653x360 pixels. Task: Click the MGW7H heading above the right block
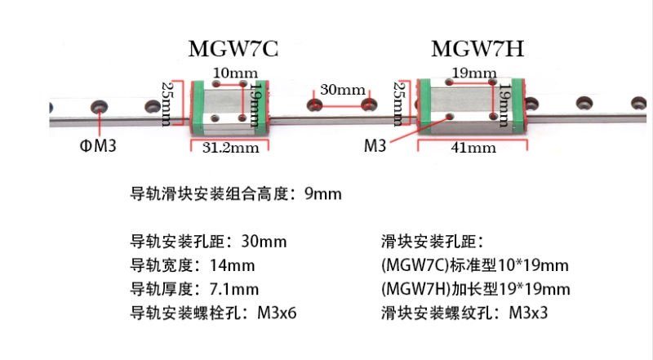click(477, 49)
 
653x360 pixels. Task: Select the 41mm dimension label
click(473, 148)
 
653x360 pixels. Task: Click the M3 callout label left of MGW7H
click(375, 146)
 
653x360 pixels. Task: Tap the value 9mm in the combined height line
click(322, 194)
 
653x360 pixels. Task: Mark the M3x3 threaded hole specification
click(531, 313)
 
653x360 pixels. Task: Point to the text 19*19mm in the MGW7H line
click(535, 289)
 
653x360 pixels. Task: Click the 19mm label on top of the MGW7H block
click(474, 73)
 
